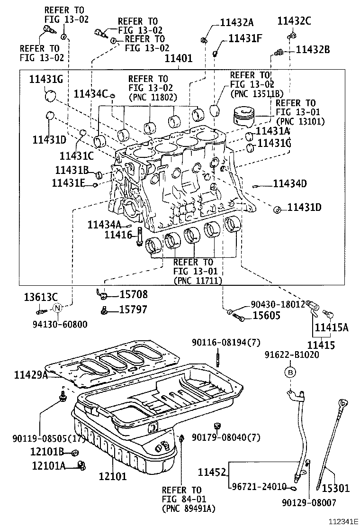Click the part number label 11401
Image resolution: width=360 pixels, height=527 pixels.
coord(178,59)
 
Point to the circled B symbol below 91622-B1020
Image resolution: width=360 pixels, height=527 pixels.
coord(290,373)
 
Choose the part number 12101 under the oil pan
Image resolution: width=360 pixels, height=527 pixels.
coord(113,476)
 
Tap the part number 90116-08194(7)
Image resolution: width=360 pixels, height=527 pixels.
coord(226,343)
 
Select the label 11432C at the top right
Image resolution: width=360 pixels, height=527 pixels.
coord(294,21)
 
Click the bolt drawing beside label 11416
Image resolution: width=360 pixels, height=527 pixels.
coord(139,236)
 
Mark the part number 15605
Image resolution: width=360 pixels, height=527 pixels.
coord(266,316)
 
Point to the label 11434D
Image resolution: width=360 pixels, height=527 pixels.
coord(290,183)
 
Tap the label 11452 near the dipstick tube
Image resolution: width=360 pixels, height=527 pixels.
coord(212,472)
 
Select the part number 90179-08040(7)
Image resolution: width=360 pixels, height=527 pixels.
coord(226,437)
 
